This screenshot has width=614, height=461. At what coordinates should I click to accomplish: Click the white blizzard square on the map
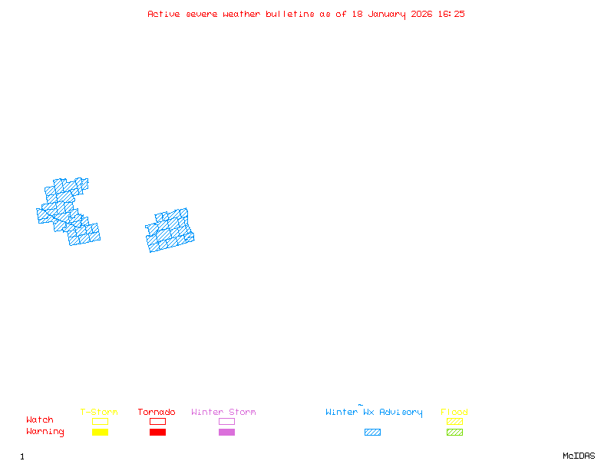point(42,200)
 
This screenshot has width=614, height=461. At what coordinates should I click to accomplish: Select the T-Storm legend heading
point(99,413)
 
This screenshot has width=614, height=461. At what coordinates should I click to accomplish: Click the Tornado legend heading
point(157,413)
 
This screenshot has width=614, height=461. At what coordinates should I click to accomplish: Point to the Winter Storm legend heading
point(223,413)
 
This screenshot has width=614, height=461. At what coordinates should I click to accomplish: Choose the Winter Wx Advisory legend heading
point(374,413)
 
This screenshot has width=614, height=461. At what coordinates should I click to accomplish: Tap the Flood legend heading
point(454,413)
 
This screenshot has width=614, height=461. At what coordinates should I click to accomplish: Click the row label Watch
point(40,420)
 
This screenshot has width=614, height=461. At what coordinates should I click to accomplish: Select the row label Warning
point(45,432)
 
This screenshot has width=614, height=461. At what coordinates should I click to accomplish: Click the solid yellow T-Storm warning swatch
point(100,433)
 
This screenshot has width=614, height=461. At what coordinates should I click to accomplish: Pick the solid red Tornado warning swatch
point(157,433)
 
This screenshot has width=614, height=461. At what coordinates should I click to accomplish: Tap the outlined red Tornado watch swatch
point(157,421)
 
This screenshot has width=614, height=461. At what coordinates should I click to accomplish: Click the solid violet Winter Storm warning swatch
point(226,433)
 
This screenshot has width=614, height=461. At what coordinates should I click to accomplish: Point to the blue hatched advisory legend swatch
point(372,433)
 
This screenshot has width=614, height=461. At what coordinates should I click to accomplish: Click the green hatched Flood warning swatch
point(454,433)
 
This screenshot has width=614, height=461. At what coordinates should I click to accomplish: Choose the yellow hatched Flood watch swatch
point(454,421)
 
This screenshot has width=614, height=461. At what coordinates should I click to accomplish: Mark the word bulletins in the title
point(290,14)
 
